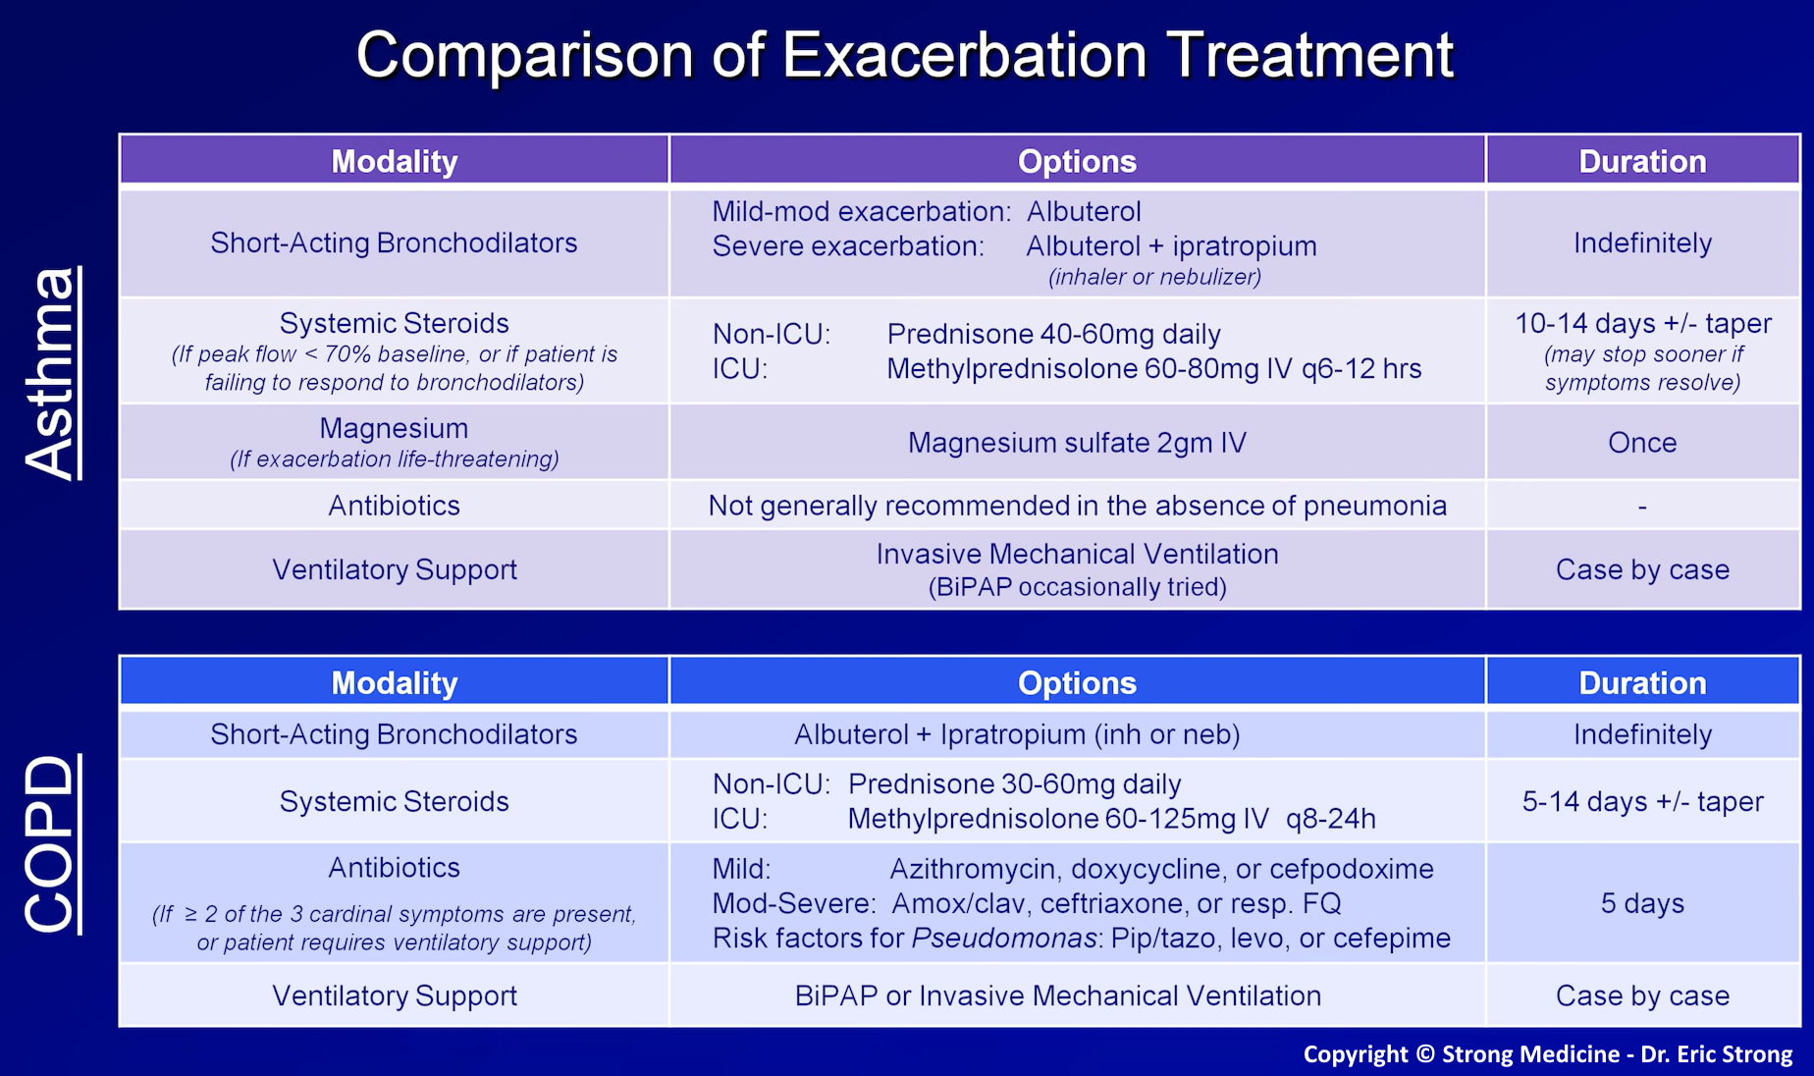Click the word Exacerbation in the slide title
coord(964,55)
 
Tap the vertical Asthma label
coord(51,373)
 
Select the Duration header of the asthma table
coord(1642,161)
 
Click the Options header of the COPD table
coord(1077,682)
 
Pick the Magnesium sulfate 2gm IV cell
coord(1077,443)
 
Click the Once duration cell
coord(1642,443)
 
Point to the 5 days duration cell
coord(1642,903)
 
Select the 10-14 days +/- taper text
coord(1642,323)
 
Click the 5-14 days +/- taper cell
coord(1642,801)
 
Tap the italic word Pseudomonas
coord(1003,939)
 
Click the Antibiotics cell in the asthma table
coord(394,506)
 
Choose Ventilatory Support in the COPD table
coord(394,995)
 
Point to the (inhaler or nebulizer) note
coord(1154,277)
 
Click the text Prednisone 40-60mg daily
coord(1053,335)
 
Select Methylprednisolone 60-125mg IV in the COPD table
coord(1058,819)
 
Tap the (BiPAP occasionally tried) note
coord(1077,587)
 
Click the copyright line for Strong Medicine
coord(1547,1054)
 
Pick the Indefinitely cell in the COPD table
coord(1642,734)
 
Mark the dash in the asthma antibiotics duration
coord(1642,507)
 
